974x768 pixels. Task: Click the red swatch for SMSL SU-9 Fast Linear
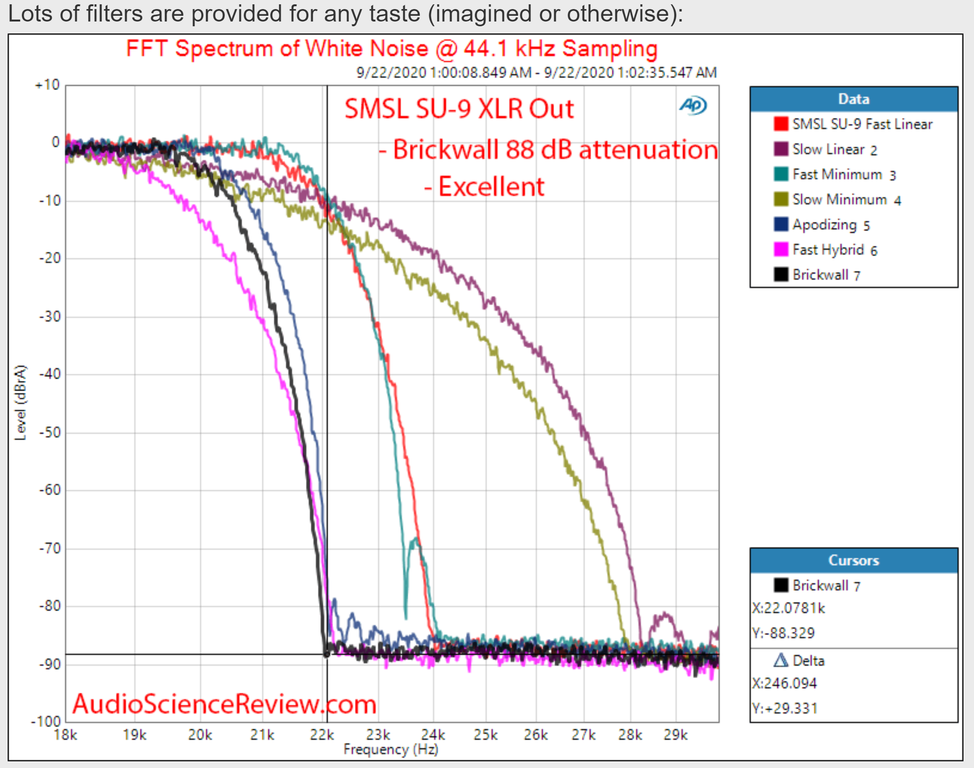[x=780, y=124]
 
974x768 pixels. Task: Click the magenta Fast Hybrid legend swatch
[x=780, y=249]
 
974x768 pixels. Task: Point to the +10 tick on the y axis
[x=48, y=86]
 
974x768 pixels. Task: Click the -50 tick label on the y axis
[x=50, y=433]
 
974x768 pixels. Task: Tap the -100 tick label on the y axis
[x=46, y=721]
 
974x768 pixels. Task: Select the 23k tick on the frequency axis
[x=378, y=735]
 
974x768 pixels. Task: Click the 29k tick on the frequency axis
[x=675, y=735]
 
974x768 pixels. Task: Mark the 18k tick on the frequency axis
[x=65, y=735]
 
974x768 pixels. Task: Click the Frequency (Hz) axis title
[x=390, y=749]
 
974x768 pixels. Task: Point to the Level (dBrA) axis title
[x=20, y=403]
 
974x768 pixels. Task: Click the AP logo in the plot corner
[x=693, y=105]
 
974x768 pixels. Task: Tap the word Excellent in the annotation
[x=491, y=187]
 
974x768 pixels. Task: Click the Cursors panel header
[x=854, y=560]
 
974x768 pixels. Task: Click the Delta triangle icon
[x=780, y=660]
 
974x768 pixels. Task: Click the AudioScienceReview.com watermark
[x=224, y=704]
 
